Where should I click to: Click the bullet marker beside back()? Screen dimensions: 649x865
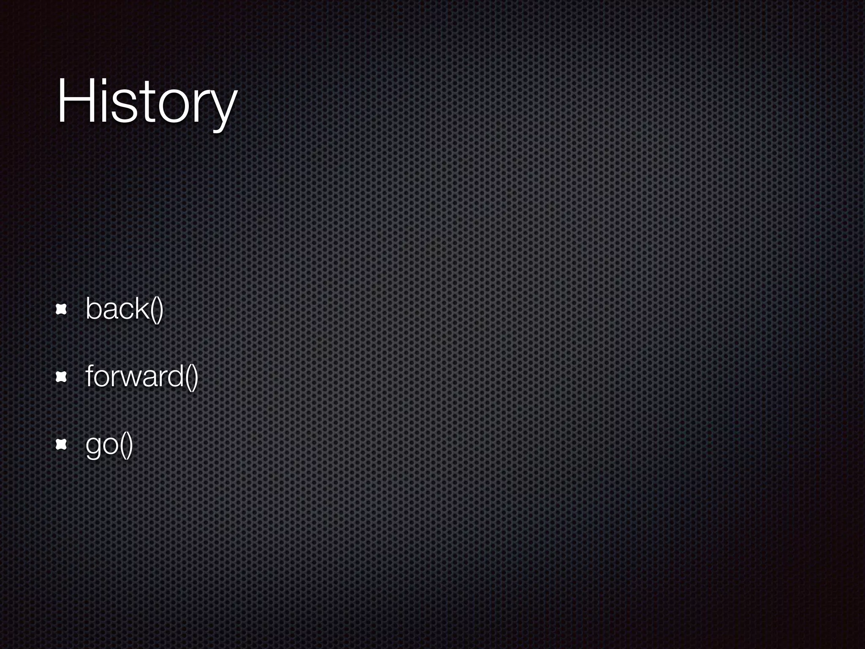(62, 310)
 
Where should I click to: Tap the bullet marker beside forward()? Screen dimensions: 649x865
(62, 377)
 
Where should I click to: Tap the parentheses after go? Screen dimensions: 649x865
(126, 445)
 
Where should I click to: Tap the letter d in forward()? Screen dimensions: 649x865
(175, 376)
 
